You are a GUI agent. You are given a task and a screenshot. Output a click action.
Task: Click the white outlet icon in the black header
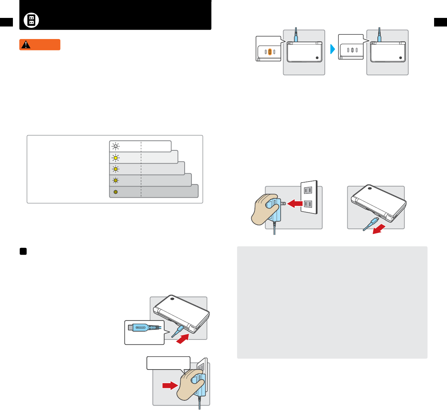[x=31, y=20]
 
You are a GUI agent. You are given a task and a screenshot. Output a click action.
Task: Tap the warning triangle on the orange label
[x=26, y=45]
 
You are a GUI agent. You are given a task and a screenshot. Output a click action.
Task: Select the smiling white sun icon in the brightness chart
[x=115, y=146]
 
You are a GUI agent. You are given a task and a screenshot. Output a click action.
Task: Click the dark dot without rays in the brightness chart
[x=115, y=192]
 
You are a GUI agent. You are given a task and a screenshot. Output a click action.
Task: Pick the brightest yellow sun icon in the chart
[x=115, y=158]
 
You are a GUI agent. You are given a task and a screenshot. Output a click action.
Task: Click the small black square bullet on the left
[x=23, y=251]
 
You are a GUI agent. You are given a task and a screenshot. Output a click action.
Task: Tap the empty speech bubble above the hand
[x=168, y=363]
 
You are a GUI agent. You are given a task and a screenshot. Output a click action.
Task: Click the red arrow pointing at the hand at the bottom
[x=170, y=386]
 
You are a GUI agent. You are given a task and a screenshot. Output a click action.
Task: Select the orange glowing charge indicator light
[x=270, y=52]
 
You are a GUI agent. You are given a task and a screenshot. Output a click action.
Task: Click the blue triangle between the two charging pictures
[x=332, y=49]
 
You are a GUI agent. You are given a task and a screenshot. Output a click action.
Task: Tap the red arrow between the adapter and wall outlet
[x=295, y=204]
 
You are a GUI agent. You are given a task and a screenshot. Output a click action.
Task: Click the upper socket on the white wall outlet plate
[x=308, y=190]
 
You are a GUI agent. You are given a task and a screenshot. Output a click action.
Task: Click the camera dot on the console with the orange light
[x=317, y=58]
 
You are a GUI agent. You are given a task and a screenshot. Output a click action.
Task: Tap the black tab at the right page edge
[x=440, y=22]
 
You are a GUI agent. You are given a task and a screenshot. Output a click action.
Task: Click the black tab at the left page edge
[x=6, y=22]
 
